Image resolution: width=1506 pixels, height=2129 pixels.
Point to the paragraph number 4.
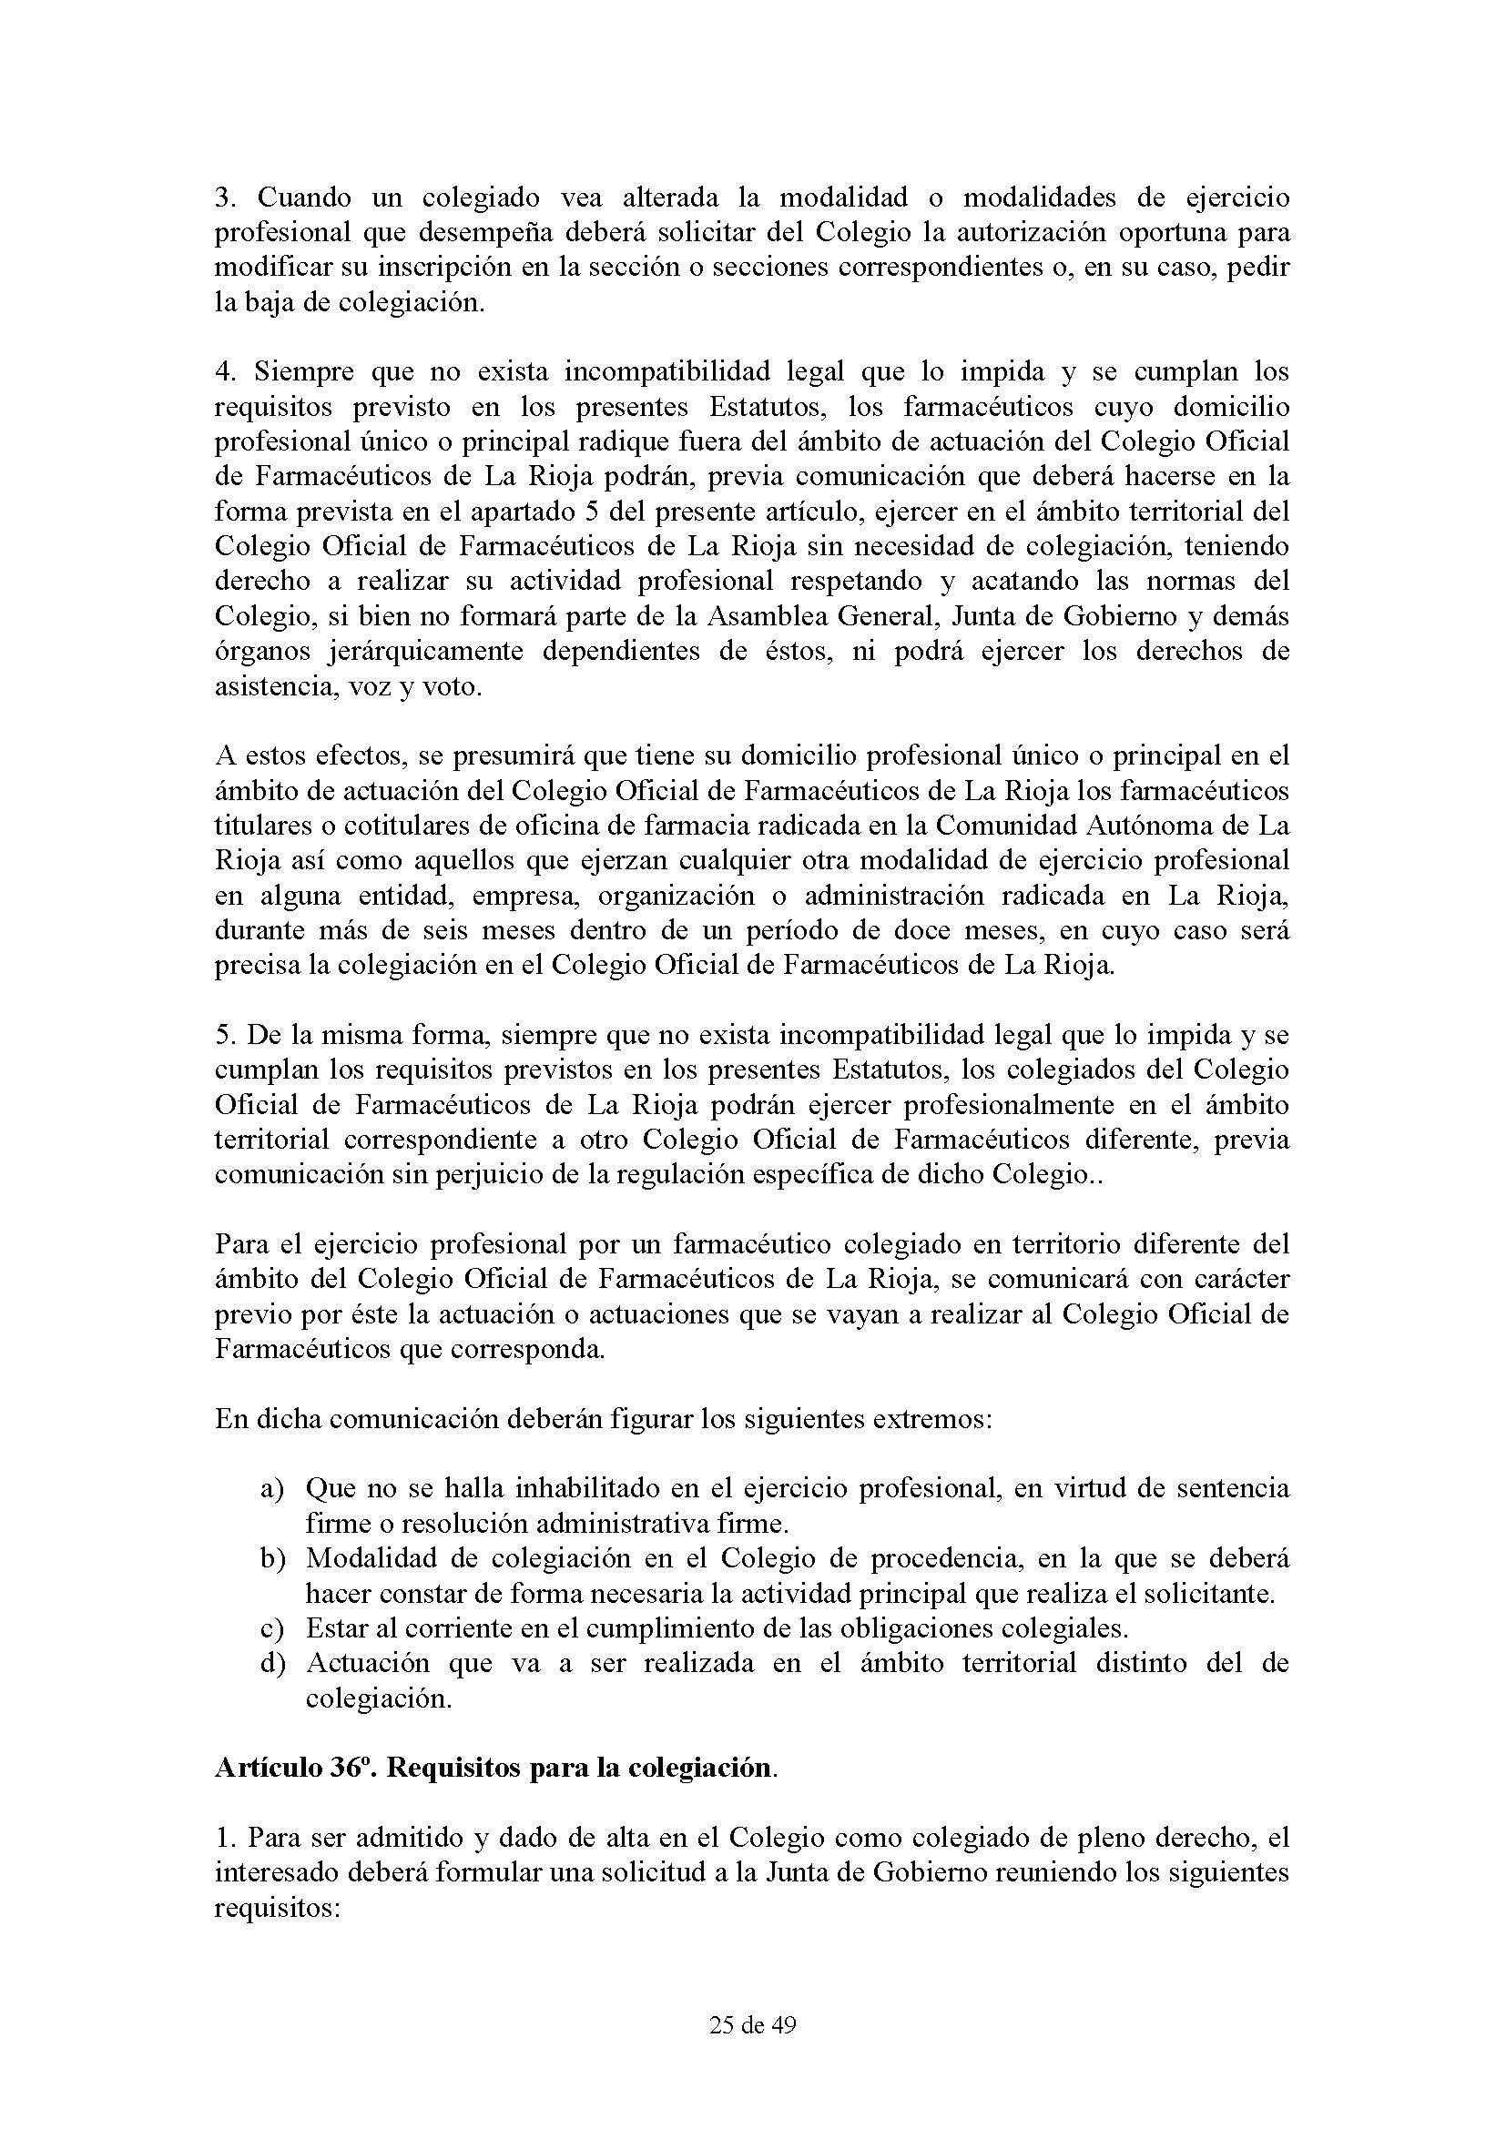click(222, 372)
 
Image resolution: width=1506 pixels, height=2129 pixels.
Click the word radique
click(631, 441)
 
